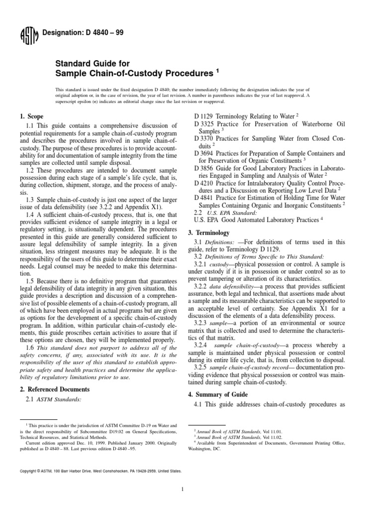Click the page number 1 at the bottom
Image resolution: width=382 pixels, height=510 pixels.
[x=183, y=490]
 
